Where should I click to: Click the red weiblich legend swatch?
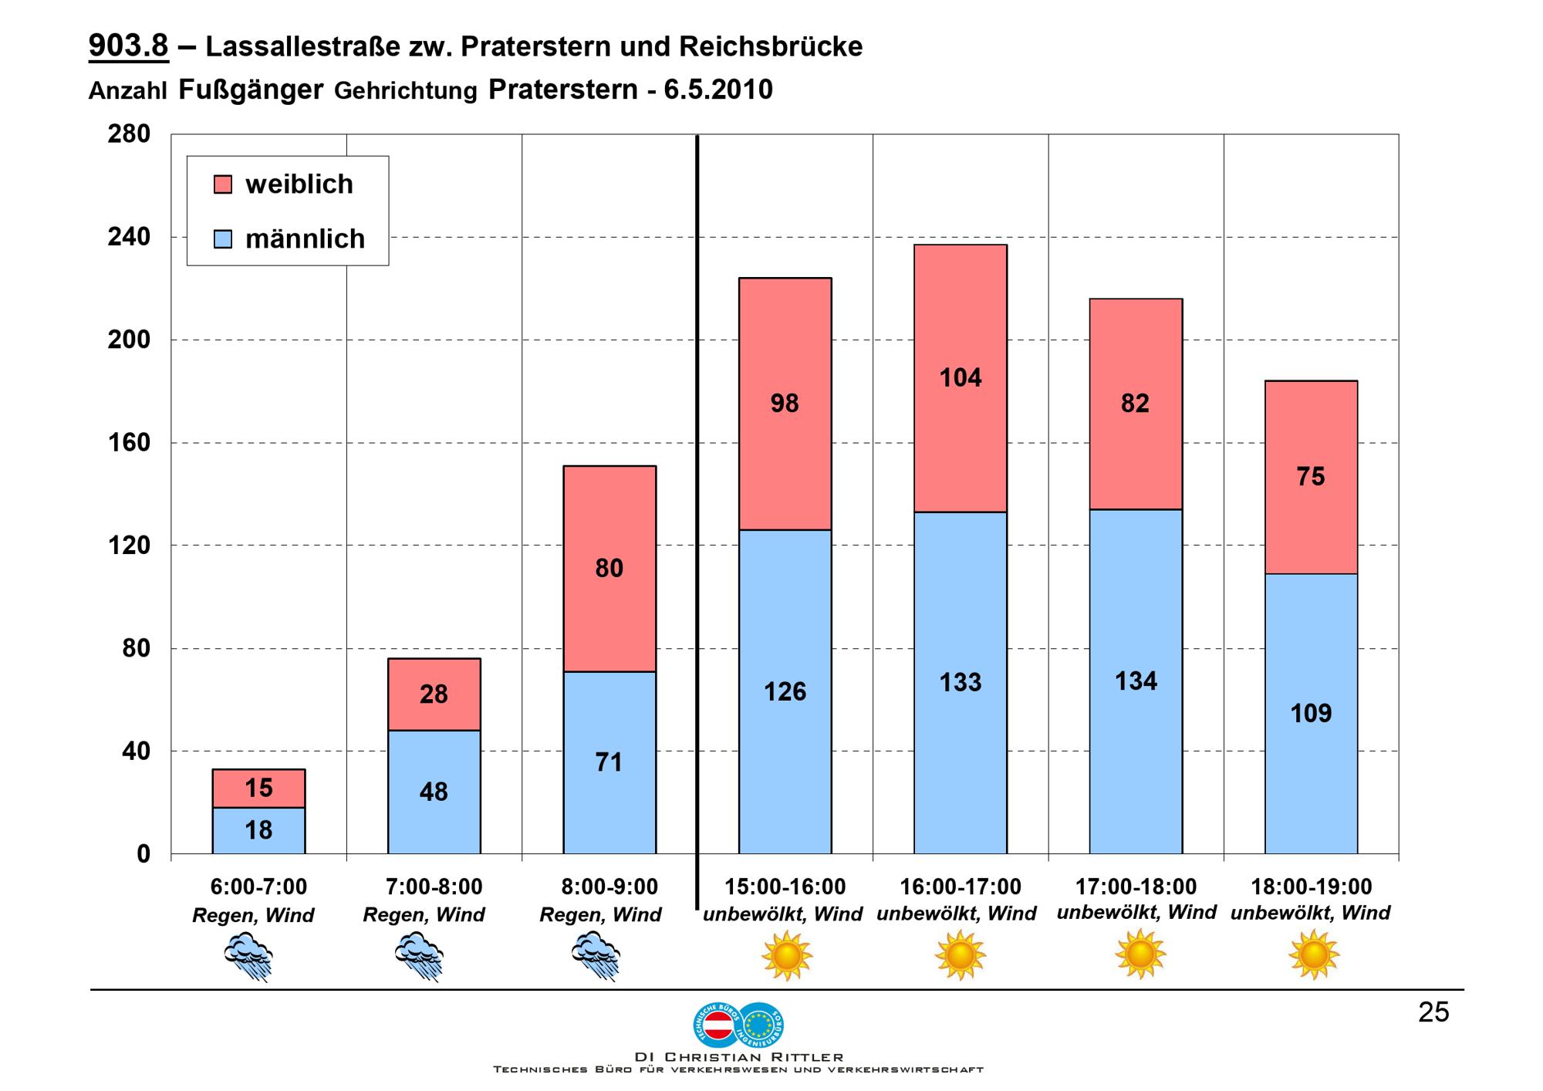click(223, 184)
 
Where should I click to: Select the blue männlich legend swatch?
click(223, 239)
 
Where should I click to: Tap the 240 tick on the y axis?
click(129, 237)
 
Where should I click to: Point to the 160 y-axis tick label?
click(129, 443)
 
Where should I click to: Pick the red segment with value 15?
click(258, 789)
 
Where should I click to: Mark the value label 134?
click(1136, 681)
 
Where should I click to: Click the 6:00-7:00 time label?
click(258, 887)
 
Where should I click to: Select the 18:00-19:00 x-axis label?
click(1311, 887)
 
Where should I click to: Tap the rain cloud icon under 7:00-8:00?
click(419, 956)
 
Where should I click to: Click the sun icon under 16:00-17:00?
click(961, 955)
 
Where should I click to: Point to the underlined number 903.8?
click(128, 46)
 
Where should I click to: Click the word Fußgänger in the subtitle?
click(251, 90)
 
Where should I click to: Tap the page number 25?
click(1433, 1012)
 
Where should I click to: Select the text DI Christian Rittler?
click(738, 1057)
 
